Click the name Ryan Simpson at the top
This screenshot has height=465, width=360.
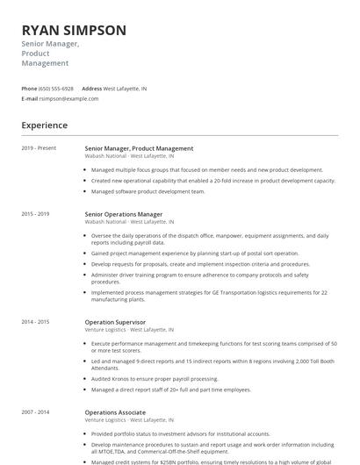tap(74, 30)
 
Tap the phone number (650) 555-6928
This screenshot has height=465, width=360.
tap(56, 89)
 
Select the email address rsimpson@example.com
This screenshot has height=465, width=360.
tap(69, 98)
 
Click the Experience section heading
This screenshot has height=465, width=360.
tap(44, 125)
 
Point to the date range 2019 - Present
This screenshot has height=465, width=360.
tap(39, 148)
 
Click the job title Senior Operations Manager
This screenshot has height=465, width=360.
tap(124, 214)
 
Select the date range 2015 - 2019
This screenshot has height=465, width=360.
tap(36, 214)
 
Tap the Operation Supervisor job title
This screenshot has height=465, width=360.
tap(115, 322)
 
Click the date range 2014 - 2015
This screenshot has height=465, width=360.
tap(36, 322)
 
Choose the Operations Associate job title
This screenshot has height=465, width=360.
tap(115, 412)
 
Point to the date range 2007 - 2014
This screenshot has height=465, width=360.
tap(36, 412)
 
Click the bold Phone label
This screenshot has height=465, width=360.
tap(29, 89)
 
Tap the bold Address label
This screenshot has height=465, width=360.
tap(91, 89)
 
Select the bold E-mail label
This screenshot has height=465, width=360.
tap(29, 98)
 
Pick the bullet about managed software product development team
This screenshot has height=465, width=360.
tap(148, 190)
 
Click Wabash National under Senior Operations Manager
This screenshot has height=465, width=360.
tap(105, 222)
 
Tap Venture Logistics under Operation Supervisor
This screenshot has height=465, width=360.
tap(106, 330)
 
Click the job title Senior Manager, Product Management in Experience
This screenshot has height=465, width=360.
tap(139, 148)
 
